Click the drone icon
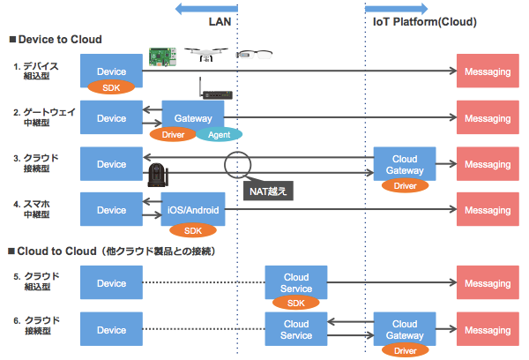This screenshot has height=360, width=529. point(206,55)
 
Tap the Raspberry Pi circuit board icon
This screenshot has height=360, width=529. point(162,56)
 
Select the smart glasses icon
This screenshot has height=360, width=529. point(254,54)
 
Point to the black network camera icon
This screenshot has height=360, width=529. point(158,175)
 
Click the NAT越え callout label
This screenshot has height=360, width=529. point(268,191)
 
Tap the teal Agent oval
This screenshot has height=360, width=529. point(220,135)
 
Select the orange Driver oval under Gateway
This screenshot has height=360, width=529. point(173,134)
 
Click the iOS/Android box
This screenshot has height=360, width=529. point(193,209)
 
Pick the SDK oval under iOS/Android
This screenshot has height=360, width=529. point(193,230)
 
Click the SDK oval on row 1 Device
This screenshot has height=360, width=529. point(111,87)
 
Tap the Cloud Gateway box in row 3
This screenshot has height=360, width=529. point(405,164)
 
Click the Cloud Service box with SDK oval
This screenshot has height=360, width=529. point(296,282)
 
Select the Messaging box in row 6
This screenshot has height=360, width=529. point(488,329)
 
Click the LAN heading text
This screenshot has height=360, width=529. point(220,21)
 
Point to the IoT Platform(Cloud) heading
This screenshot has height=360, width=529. point(425,21)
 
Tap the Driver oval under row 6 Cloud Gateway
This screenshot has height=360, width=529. point(406,350)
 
